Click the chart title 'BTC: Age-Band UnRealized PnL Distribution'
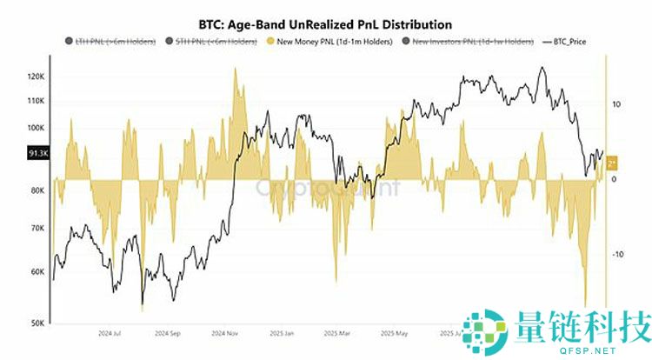tap(326, 23)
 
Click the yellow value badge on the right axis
tap(612, 163)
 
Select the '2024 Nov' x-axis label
tap(223, 333)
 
